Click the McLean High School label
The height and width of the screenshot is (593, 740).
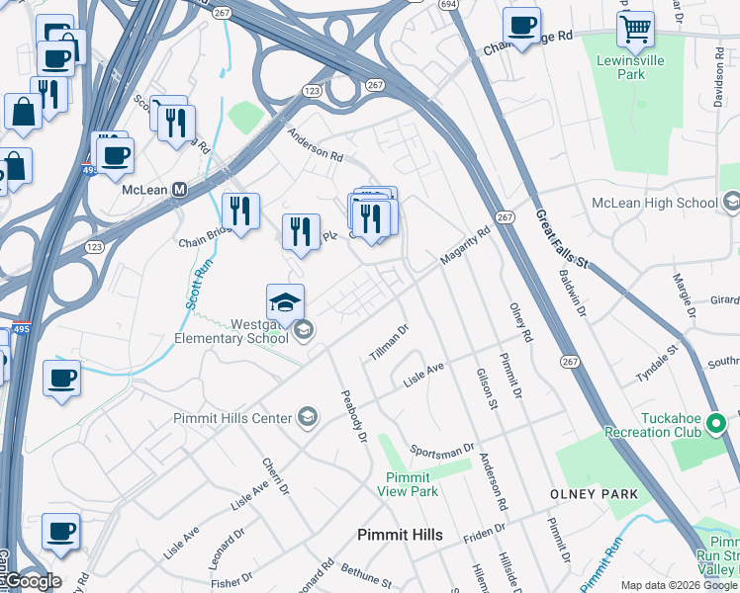654,203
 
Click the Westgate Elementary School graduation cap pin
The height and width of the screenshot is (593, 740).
285,302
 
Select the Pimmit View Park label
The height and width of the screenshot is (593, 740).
412,484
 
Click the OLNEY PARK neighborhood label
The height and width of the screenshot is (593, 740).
595,493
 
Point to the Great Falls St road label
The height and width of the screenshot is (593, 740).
562,238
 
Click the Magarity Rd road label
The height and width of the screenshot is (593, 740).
464,247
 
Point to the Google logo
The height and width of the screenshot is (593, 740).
32,580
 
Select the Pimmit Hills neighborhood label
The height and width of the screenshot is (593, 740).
400,535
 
